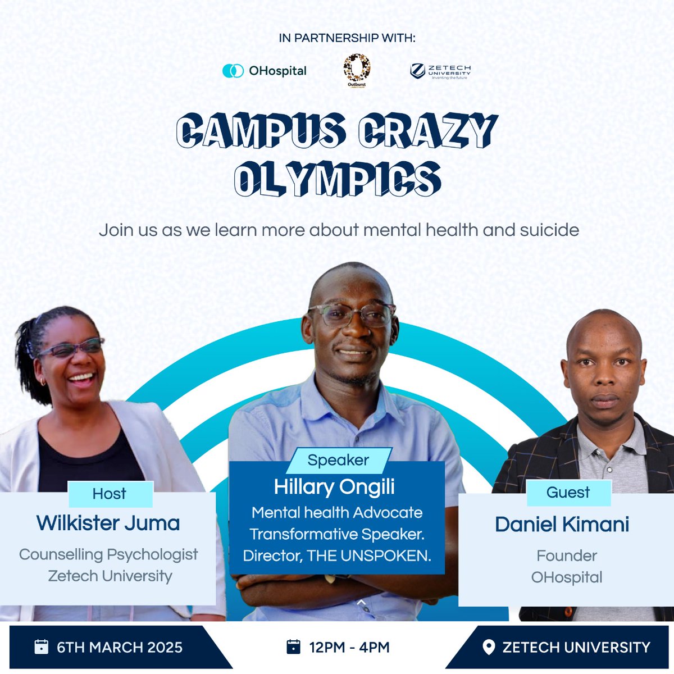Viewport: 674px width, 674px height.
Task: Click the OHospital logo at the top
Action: click(265, 71)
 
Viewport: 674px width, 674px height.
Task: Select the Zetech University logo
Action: click(440, 71)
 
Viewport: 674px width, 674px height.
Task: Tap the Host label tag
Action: click(110, 494)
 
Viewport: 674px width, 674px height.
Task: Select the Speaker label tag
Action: click(338, 460)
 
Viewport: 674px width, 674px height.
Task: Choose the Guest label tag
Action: click(568, 493)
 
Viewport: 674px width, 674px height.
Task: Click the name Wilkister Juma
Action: click(108, 523)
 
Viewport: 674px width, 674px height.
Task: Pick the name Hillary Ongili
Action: click(334, 487)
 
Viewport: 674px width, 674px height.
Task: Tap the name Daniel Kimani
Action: click(562, 524)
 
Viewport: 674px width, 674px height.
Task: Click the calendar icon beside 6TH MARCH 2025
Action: click(42, 647)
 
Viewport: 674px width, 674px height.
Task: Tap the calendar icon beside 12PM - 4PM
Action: click(293, 647)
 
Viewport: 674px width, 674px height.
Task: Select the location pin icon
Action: click(489, 647)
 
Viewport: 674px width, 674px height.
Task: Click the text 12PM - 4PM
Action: click(349, 647)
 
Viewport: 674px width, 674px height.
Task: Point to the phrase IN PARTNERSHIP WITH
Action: click(347, 38)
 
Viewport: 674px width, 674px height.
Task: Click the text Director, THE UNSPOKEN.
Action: click(337, 555)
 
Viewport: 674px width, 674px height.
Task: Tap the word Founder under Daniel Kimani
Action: click(567, 555)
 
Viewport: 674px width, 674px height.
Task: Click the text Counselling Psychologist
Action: click(108, 554)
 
